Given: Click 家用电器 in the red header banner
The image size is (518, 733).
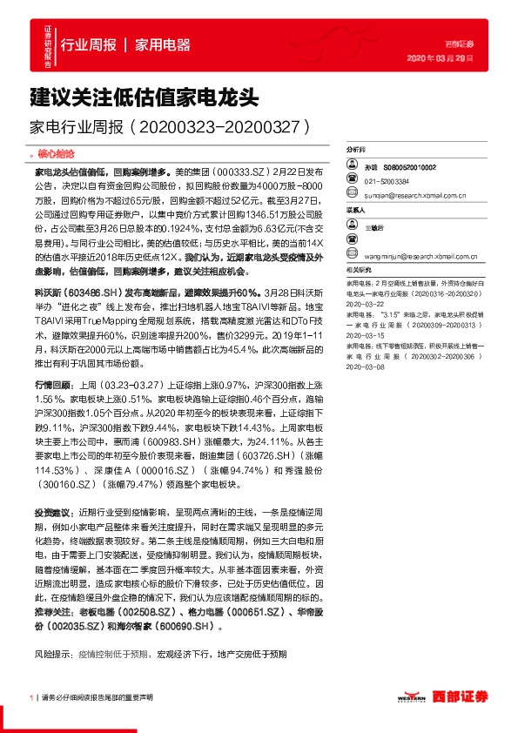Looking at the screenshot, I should pyautogui.click(x=163, y=44).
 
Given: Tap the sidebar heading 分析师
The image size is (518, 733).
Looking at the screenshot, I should pyautogui.click(x=356, y=150).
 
